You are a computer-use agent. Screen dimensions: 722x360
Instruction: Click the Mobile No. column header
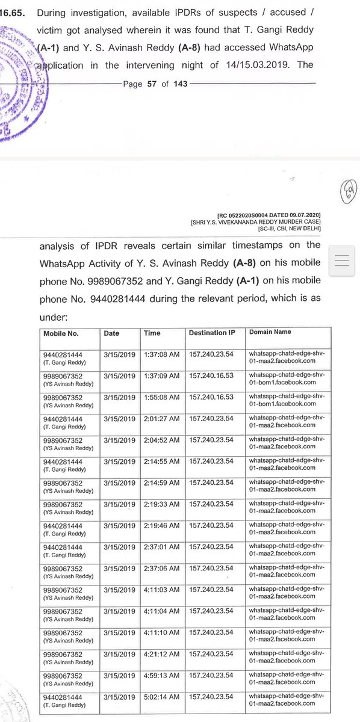[61, 333]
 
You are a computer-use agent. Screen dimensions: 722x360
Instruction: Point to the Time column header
[153, 333]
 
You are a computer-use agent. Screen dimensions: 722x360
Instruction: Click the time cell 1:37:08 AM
[162, 354]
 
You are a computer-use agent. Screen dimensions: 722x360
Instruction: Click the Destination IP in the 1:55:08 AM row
[211, 398]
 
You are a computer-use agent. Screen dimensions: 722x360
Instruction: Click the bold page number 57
[149, 84]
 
